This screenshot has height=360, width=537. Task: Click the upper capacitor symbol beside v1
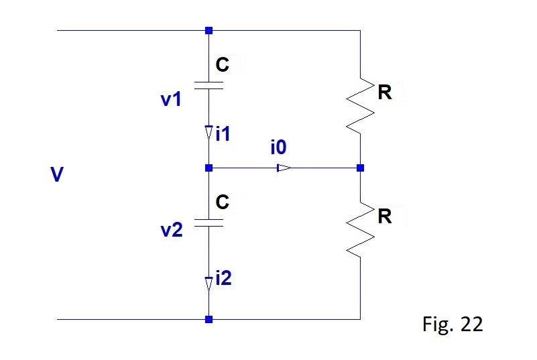click(208, 86)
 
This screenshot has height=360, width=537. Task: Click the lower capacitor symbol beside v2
click(208, 223)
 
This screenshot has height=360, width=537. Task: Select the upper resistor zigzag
click(360, 106)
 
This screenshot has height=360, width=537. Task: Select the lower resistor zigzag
click(360, 230)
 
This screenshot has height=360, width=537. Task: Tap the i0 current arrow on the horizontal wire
click(284, 168)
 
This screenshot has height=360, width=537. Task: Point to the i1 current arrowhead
click(208, 133)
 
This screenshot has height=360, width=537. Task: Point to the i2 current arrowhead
click(208, 284)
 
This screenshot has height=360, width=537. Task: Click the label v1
click(171, 99)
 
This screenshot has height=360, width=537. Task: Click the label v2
click(172, 230)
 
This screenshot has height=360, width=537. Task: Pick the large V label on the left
click(57, 174)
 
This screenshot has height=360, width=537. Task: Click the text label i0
click(278, 147)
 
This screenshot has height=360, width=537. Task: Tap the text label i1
click(223, 133)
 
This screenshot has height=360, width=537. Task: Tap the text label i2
click(224, 278)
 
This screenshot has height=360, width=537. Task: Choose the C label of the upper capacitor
click(223, 64)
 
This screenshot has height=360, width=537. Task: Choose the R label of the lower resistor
click(385, 216)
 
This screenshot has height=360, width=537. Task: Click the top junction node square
click(208, 30)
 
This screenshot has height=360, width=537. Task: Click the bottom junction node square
click(208, 319)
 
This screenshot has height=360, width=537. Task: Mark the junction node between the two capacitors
click(208, 168)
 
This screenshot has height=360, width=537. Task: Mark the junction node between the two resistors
click(360, 168)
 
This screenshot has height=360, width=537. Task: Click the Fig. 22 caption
click(453, 324)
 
